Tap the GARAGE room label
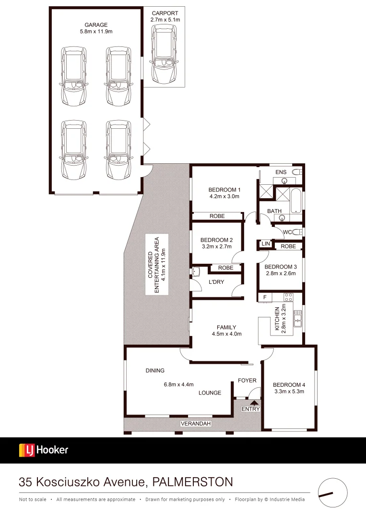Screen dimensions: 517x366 97,25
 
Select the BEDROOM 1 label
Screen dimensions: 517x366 224,189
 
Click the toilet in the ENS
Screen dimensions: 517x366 296,171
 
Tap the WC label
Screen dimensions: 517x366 287,232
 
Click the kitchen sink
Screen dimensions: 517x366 297,319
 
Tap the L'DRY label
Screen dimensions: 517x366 216,282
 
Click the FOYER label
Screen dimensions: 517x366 247,381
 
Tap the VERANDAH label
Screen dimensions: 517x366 194,424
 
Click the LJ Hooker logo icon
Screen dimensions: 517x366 26,450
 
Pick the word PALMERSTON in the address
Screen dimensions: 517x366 192,482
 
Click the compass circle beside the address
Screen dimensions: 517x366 332,492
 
